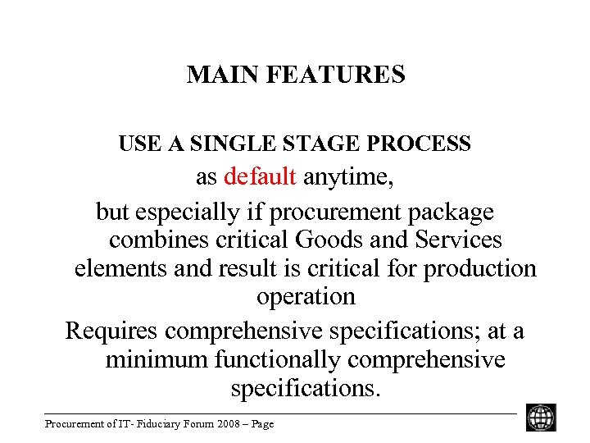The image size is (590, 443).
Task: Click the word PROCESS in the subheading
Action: coord(419,144)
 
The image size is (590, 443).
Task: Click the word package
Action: coord(451,213)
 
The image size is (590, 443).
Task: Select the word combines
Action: coord(158,240)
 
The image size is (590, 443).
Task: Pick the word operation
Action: coord(306,297)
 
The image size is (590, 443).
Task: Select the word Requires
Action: coord(111,331)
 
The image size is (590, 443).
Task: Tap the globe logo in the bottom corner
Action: coord(541,418)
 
